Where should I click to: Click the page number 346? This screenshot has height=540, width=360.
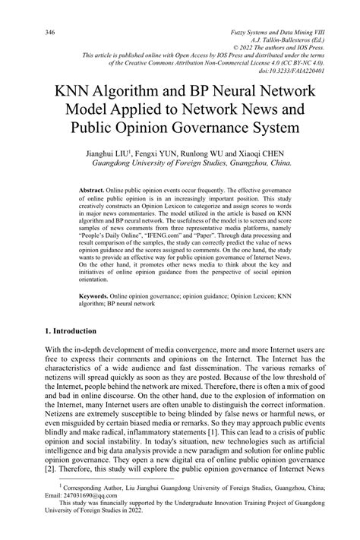[x=51, y=33]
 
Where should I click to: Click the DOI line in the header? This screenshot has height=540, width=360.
[x=292, y=70]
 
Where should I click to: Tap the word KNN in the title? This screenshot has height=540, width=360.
[x=71, y=90]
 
